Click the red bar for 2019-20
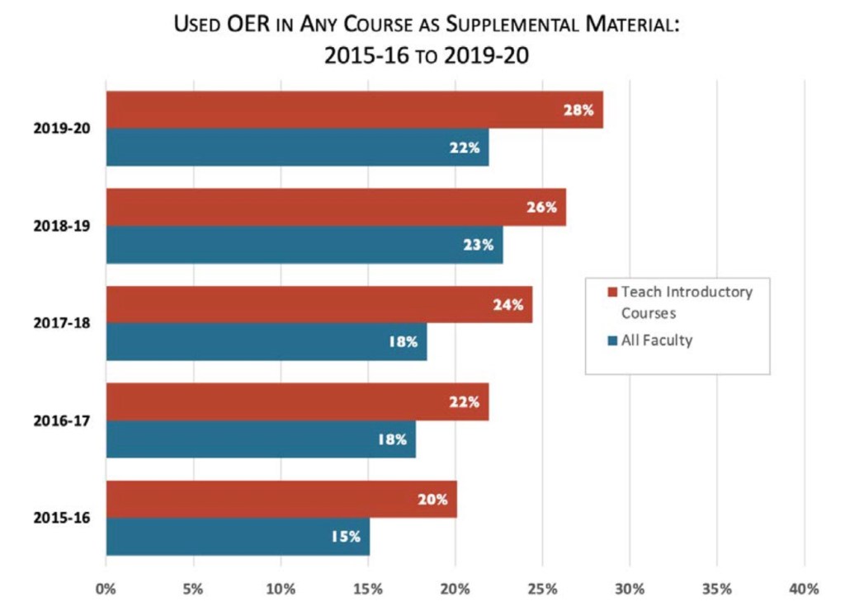tap(330, 110)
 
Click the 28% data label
tap(578, 110)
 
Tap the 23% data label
tap(478, 245)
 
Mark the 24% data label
tap(507, 304)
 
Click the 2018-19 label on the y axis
tap(62, 226)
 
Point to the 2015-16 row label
tap(62, 519)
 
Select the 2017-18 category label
tap(62, 323)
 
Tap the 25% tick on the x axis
tap(542, 589)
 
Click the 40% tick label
tap(803, 589)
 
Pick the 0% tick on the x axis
tap(106, 589)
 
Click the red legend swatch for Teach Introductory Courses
tap(611, 292)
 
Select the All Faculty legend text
tap(657, 340)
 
